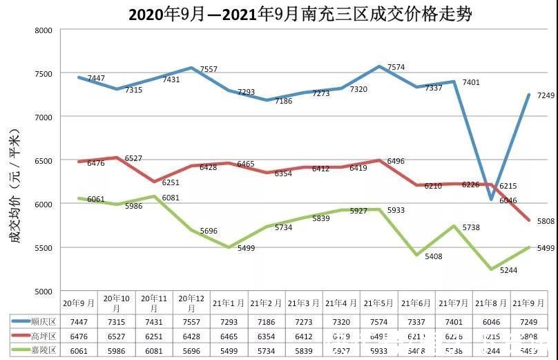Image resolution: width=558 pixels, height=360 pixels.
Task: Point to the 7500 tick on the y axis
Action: (x=43, y=74)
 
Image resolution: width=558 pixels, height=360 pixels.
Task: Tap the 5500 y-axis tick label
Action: (x=43, y=248)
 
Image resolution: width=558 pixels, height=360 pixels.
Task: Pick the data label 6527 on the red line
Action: (x=133, y=159)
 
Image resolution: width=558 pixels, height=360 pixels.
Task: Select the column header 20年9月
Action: (x=79, y=303)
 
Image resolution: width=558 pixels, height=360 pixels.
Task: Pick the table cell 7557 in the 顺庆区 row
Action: (x=191, y=323)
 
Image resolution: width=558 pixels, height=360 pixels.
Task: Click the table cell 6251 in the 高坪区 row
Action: (x=154, y=337)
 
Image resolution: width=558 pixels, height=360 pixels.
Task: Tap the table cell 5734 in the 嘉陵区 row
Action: (x=267, y=350)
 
